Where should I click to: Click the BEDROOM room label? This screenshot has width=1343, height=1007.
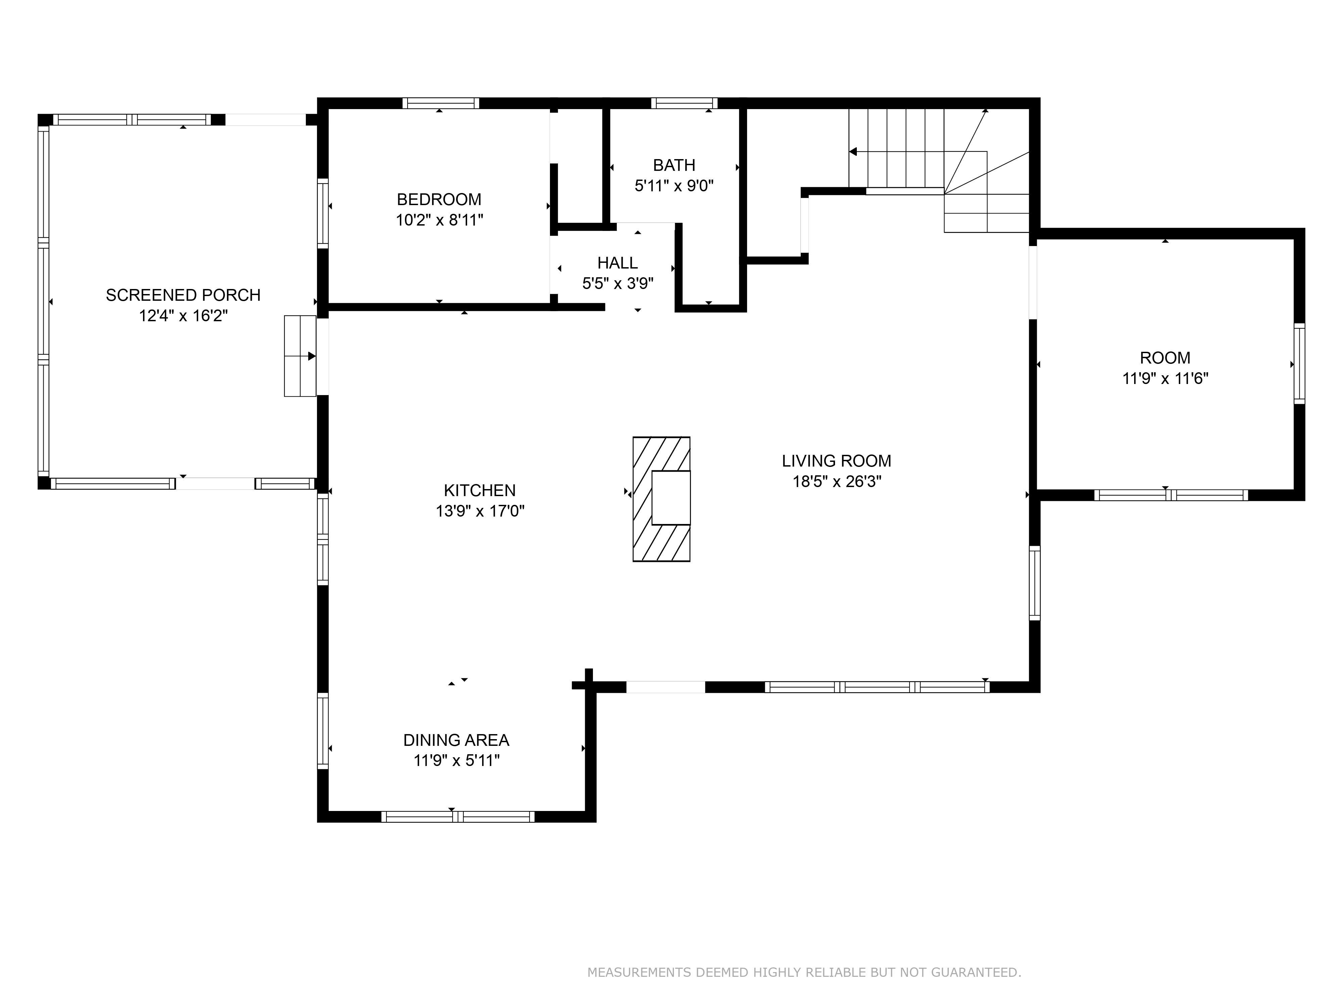pos(439,199)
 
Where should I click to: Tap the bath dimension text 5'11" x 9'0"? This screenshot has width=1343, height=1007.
pos(674,186)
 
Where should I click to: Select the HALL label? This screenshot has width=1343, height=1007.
pos(617,263)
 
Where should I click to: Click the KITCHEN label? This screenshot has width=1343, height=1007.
pos(480,490)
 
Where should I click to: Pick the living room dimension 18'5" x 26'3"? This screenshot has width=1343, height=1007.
pos(837,481)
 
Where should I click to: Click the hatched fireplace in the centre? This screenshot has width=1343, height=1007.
pos(661,499)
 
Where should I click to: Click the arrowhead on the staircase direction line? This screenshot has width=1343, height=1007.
pos(853,152)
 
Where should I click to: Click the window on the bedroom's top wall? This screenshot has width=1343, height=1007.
pos(440,103)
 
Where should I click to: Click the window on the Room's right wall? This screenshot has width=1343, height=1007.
pos(1299,364)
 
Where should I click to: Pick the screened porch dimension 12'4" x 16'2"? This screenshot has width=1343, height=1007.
pos(183,316)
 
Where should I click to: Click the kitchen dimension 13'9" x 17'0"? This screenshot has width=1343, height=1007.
pos(480,511)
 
